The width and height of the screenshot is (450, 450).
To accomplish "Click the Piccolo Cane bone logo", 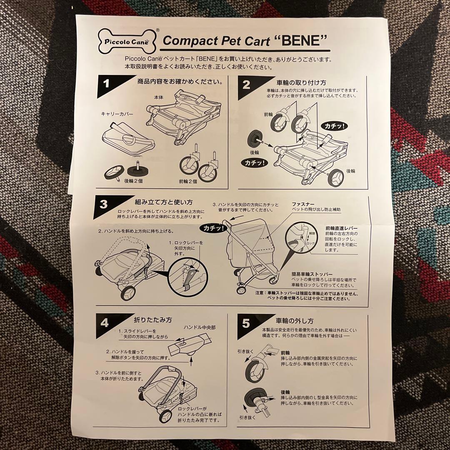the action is click(x=127, y=42).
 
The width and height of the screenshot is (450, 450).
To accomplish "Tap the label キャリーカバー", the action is click(x=117, y=114).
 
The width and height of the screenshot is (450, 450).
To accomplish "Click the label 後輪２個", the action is click(x=133, y=181).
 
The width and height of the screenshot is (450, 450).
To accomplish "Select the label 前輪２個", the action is click(x=187, y=181).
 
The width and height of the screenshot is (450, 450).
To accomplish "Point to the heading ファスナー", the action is click(x=303, y=204).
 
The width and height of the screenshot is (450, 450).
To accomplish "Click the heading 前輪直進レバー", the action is click(x=342, y=228).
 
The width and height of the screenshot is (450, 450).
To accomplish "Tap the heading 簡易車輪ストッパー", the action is click(x=312, y=274).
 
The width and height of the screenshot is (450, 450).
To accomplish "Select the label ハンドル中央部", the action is click(x=200, y=327).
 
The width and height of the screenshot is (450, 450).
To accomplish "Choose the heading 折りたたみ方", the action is click(x=152, y=320).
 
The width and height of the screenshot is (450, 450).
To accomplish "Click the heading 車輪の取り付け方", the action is click(x=301, y=82).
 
